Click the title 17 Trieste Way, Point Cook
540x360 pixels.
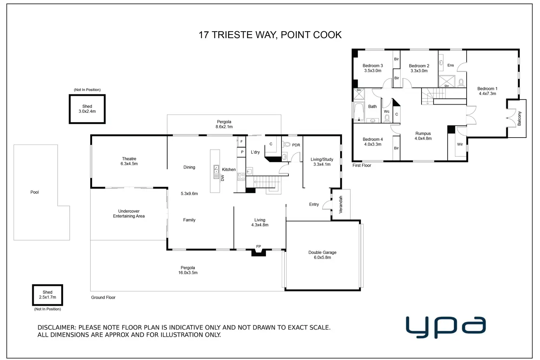click(270, 35)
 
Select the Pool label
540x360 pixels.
click(34, 192)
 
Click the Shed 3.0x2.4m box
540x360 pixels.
click(87, 109)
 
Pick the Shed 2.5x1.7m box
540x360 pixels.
click(48, 295)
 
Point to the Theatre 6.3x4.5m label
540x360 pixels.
click(129, 161)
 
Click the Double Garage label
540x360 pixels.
click(322, 252)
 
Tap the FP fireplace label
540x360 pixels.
click(259, 247)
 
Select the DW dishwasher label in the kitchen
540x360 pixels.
click(222, 178)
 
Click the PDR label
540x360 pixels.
click(296, 145)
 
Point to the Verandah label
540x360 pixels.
click(341, 204)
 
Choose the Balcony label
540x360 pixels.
click(519, 119)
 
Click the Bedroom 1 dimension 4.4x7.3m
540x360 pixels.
click(487, 94)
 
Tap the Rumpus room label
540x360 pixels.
click(423, 134)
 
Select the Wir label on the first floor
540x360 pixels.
click(460, 144)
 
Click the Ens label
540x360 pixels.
click(450, 65)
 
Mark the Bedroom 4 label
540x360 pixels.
click(373, 139)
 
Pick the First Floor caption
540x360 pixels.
click(362, 166)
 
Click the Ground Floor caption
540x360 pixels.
click(103, 298)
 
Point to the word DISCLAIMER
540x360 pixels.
click(57, 328)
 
